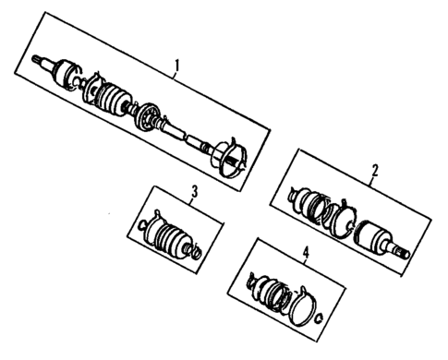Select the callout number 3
pyautogui.click(x=195, y=192)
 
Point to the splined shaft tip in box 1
pyautogui.click(x=39, y=61)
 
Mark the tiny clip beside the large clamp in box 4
pyautogui.click(x=319, y=319)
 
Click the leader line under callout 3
pyautogui.click(x=193, y=205)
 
